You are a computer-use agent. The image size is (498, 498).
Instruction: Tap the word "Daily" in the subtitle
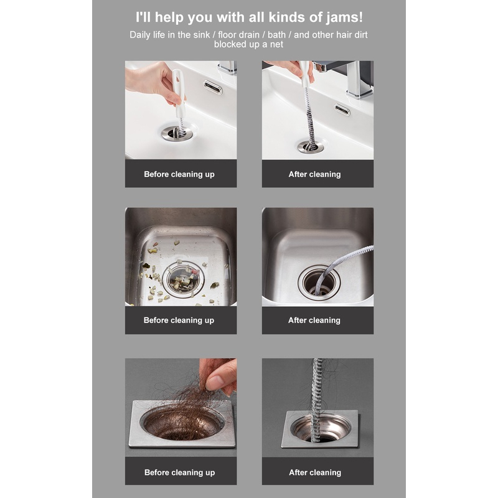139,35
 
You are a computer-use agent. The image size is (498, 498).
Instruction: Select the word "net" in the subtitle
276,44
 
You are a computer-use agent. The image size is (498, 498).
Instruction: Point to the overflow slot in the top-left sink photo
213,87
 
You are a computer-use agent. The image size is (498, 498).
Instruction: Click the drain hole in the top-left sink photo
177,133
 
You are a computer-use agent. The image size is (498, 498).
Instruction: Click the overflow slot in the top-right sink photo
342,110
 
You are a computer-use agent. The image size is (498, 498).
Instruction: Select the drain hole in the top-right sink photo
310,147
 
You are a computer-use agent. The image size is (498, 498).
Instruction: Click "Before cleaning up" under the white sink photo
179,174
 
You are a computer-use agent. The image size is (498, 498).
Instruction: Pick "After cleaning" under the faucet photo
314,174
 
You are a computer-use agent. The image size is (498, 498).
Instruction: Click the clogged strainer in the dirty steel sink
183,280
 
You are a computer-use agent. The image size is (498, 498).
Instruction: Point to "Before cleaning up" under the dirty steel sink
179,320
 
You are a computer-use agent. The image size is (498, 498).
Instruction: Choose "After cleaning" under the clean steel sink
314,320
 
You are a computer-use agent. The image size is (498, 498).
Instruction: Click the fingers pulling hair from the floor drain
219,377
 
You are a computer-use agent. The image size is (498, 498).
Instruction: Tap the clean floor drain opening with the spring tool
321,429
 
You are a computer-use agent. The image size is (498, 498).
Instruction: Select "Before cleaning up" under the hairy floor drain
179,472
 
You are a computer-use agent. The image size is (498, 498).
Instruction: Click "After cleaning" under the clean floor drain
315,472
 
